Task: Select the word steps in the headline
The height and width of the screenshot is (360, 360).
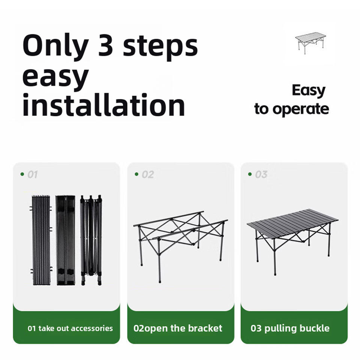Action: pyautogui.click(x=160, y=48)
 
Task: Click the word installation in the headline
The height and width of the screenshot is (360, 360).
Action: pyautogui.click(x=103, y=105)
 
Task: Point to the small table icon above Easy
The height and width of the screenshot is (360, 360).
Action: pyautogui.click(x=310, y=43)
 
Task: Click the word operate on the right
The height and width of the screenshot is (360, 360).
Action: pyautogui.click(x=301, y=109)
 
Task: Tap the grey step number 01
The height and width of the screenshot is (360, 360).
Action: pyautogui.click(x=33, y=174)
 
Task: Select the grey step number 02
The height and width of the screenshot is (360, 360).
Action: pyautogui.click(x=148, y=174)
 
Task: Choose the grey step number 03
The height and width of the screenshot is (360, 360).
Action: pyautogui.click(x=261, y=174)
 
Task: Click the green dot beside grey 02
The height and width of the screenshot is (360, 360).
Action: pyautogui.click(x=136, y=174)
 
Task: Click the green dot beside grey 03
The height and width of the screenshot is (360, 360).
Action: pyautogui.click(x=250, y=174)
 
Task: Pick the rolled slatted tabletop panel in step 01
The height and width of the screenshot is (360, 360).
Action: pyautogui.click(x=41, y=240)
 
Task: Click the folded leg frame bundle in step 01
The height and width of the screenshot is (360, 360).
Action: pyautogui.click(x=91, y=240)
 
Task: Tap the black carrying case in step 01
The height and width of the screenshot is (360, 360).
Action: pyautogui.click(x=65, y=240)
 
